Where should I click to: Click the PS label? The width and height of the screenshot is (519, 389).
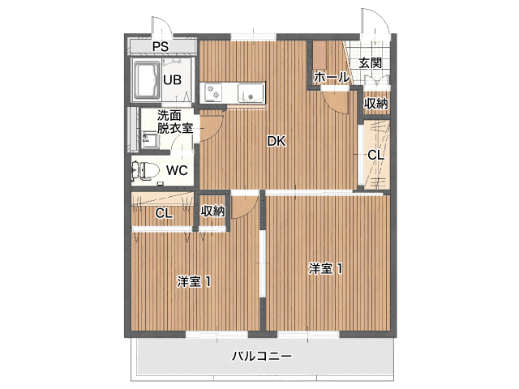pyautogui.click(x=160, y=45)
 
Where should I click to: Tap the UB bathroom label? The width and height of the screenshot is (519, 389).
pyautogui.click(x=171, y=79)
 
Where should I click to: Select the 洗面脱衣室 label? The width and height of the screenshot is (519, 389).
pyautogui.click(x=174, y=122)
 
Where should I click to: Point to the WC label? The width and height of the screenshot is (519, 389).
pyautogui.click(x=177, y=170)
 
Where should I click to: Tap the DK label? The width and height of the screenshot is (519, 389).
pyautogui.click(x=277, y=141)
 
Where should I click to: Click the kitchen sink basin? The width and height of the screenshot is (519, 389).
pyautogui.click(x=251, y=93)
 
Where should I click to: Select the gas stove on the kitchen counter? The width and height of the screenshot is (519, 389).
pyautogui.click(x=213, y=93)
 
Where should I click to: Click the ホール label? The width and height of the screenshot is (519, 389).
pyautogui.click(x=331, y=77)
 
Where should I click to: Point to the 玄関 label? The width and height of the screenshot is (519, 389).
pyautogui.click(x=371, y=62)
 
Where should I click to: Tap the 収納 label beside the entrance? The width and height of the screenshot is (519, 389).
pyautogui.click(x=375, y=103)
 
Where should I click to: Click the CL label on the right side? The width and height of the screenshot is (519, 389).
pyautogui.click(x=375, y=155)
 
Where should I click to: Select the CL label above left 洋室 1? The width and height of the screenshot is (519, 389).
pyautogui.click(x=163, y=214)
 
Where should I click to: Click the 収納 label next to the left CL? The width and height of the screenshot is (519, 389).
pyautogui.click(x=213, y=211)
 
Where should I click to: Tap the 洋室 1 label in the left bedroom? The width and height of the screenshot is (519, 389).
pyautogui.click(x=195, y=282)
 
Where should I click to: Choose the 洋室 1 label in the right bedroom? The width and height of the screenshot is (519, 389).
pyautogui.click(x=324, y=268)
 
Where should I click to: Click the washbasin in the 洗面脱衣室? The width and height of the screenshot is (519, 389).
pyautogui.click(x=149, y=139)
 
